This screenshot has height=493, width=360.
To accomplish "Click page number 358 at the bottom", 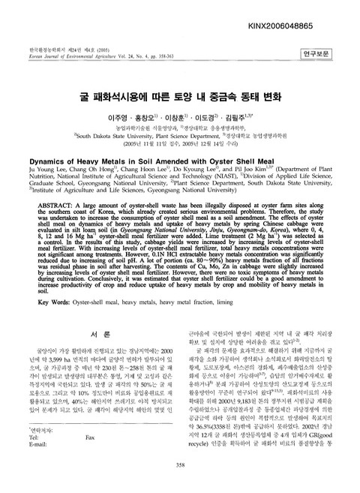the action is point(180,485).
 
